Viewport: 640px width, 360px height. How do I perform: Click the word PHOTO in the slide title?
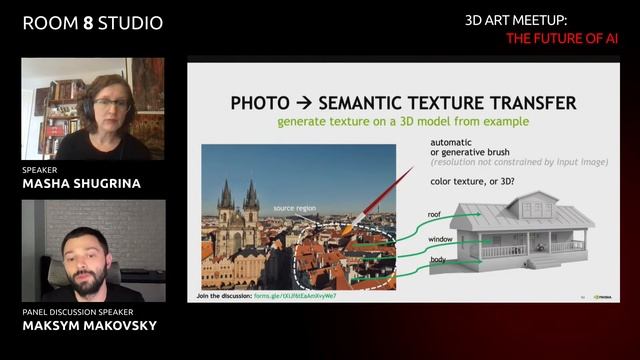[260, 103]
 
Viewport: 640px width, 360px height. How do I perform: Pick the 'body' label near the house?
[438, 260]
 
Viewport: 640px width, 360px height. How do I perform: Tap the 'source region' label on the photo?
[296, 208]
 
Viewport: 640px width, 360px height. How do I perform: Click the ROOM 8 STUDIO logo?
[92, 22]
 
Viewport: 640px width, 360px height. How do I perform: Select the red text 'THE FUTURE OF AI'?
[563, 39]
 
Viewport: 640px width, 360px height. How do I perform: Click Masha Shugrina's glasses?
[110, 103]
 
